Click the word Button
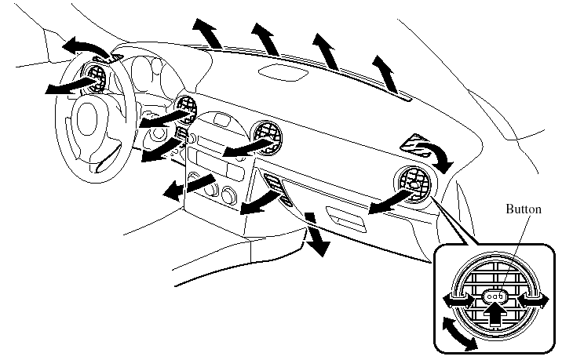[523, 210]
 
